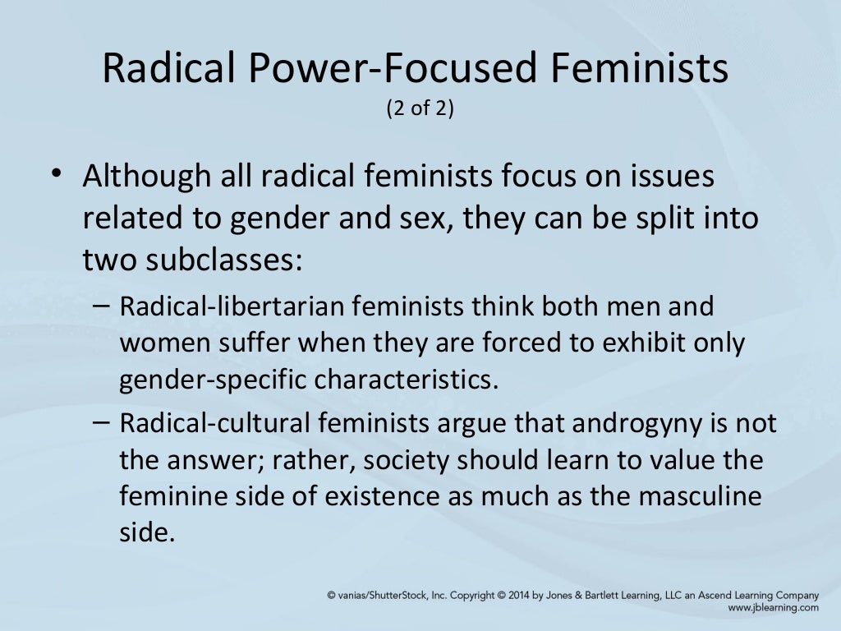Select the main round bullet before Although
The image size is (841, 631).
[x=55, y=173]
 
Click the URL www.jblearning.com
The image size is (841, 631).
[x=773, y=607]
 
